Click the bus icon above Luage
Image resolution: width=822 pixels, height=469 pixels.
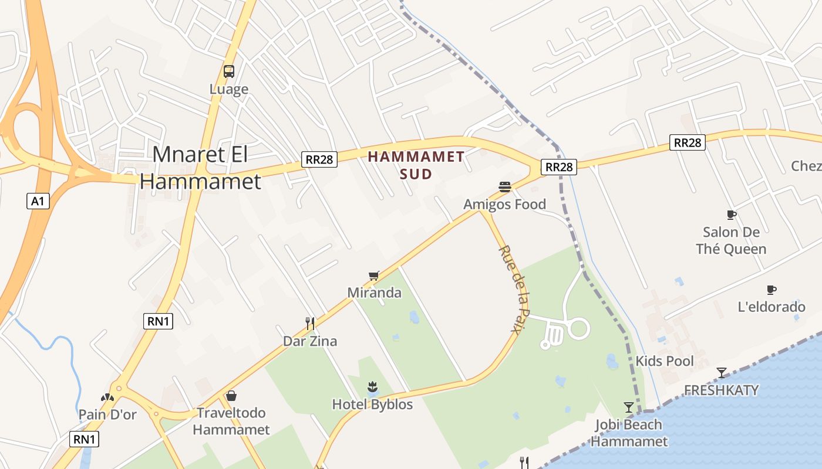click(x=229, y=72)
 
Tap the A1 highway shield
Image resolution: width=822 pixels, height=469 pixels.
click(x=38, y=202)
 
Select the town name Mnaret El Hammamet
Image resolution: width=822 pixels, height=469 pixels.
click(x=200, y=168)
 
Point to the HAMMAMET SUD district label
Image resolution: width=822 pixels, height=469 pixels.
click(x=416, y=165)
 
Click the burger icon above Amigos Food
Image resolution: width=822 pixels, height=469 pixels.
click(x=504, y=187)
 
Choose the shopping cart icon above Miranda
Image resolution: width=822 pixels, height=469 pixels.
click(x=373, y=276)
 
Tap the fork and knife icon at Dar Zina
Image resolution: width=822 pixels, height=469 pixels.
click(x=310, y=323)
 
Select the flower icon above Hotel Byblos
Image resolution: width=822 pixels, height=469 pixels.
click(x=372, y=386)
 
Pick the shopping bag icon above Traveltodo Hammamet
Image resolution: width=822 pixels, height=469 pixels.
click(x=231, y=396)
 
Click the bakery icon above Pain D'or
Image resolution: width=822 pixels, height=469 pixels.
click(x=107, y=397)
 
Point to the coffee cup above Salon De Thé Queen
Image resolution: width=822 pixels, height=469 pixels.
click(x=731, y=215)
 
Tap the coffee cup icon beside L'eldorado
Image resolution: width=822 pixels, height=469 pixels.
click(x=772, y=290)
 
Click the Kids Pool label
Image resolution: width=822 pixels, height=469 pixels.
click(x=665, y=361)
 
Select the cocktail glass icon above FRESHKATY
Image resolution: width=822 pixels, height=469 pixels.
click(x=722, y=372)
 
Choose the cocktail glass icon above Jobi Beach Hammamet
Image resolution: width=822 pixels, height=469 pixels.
click(x=629, y=407)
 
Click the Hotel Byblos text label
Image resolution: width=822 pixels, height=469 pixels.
click(x=372, y=405)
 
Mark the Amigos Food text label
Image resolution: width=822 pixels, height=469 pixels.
click(x=504, y=205)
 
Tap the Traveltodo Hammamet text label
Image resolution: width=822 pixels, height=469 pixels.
click(x=231, y=422)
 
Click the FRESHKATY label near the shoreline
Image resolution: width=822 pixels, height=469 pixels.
click(x=721, y=390)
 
